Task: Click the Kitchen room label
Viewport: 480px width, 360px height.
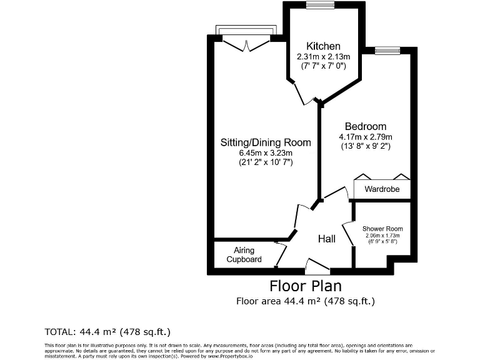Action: (x=322, y=46)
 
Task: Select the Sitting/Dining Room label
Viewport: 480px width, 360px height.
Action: (x=266, y=142)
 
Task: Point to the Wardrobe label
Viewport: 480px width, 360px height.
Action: (x=382, y=189)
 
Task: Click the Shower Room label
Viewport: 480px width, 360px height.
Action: (x=382, y=229)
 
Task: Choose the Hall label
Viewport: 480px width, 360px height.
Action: (x=326, y=239)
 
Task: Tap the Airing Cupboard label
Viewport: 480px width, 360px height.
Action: (x=244, y=254)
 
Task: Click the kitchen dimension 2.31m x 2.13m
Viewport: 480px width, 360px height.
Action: (x=322, y=56)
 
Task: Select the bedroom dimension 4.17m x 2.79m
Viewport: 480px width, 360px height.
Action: (x=366, y=137)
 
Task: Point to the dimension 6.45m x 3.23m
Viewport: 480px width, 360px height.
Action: (x=266, y=152)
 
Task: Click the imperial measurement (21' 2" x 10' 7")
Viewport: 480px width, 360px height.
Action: (x=266, y=162)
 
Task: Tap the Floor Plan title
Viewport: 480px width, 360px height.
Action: (x=306, y=286)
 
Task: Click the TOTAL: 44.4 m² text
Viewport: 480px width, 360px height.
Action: (x=107, y=331)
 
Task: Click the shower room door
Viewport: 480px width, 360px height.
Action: (x=346, y=232)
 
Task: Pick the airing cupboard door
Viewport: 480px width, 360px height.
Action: (x=281, y=253)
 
